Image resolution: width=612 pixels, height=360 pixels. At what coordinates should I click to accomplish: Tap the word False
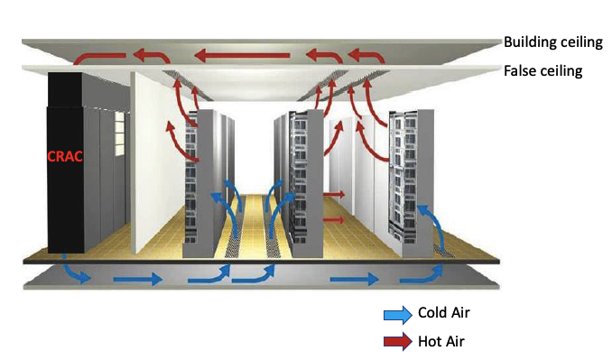tap(521, 69)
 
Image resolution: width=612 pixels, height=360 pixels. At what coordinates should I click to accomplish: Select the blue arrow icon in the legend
tap(396, 315)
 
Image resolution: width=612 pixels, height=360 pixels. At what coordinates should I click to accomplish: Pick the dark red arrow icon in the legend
tap(396, 342)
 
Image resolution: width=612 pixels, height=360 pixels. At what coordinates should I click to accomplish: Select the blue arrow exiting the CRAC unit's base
tap(81, 273)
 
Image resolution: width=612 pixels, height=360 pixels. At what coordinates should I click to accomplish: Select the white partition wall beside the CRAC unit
tap(158, 162)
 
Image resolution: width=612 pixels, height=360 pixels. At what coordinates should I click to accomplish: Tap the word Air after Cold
tap(462, 314)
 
